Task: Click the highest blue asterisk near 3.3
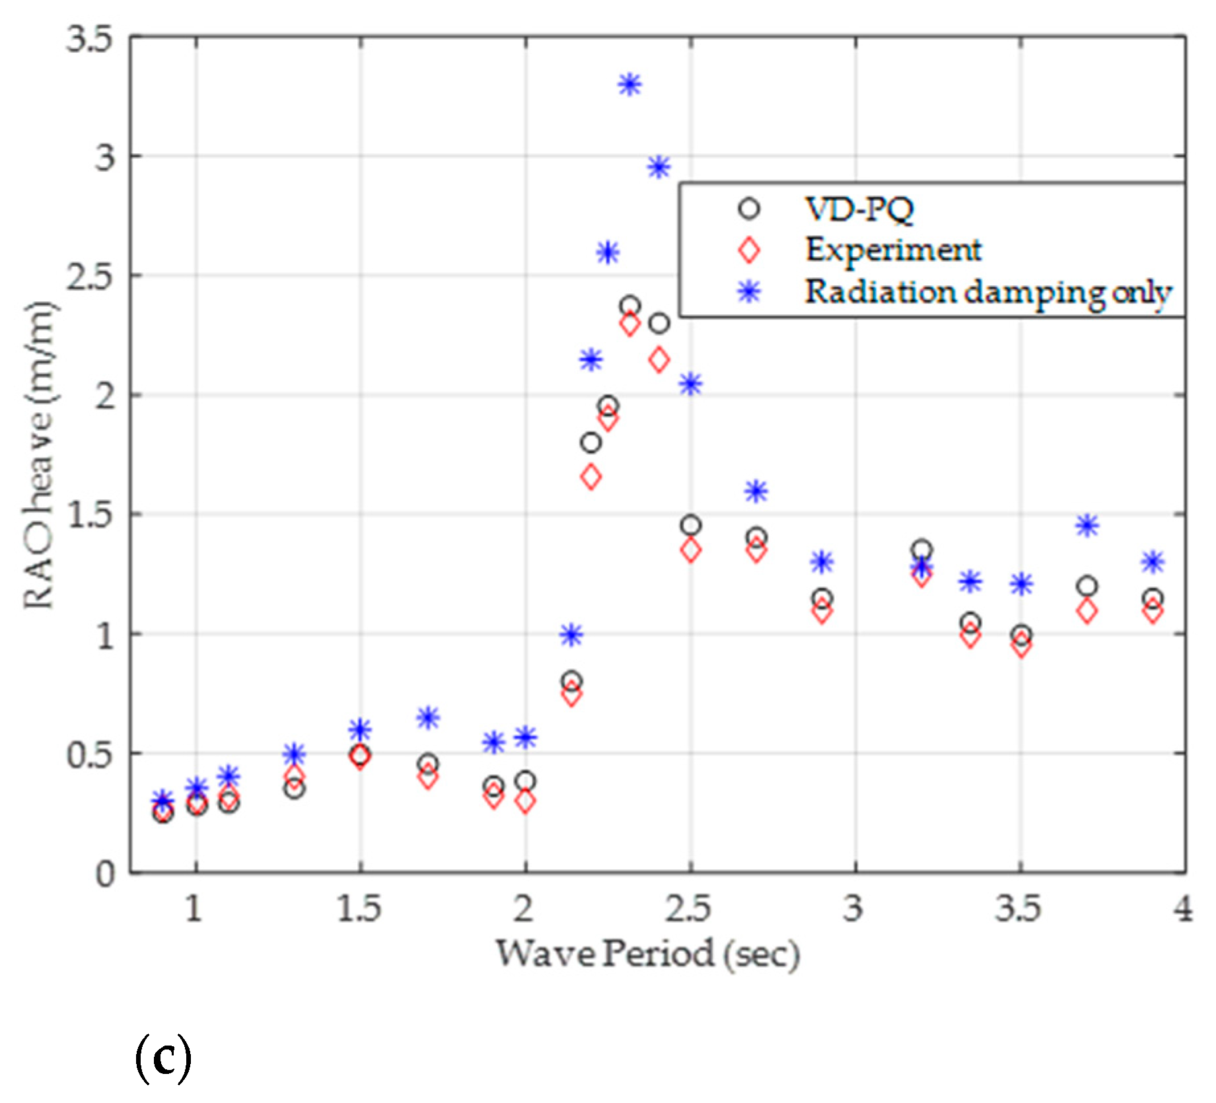point(629,85)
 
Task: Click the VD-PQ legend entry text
point(859,209)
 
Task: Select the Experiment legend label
point(893,250)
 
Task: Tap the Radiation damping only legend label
point(987,292)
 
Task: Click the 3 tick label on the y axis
point(104,158)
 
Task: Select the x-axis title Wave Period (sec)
point(647,954)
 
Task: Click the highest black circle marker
point(629,306)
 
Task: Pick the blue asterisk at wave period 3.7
point(1087,526)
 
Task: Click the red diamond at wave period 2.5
point(690,550)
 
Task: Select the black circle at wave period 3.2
point(921,550)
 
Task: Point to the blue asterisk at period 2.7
point(756,491)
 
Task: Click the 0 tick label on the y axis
point(106,874)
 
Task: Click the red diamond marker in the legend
point(749,250)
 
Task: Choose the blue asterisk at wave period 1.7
point(428,717)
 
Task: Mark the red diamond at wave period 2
point(525,802)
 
